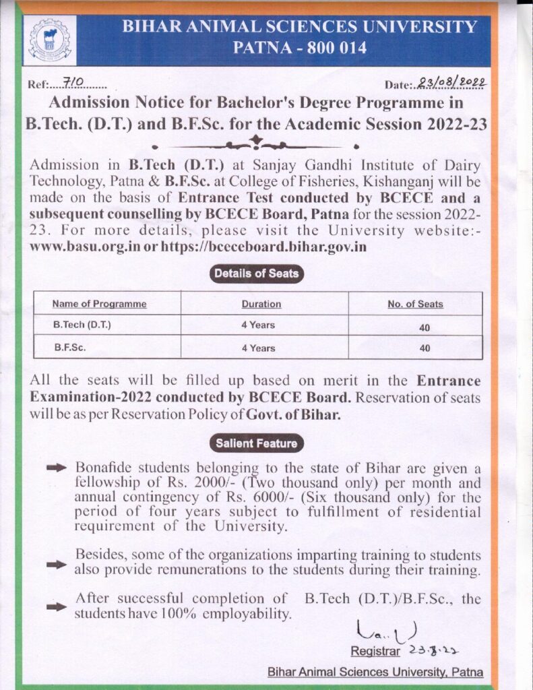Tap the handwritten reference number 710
tap(71, 82)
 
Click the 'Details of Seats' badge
tap(256, 274)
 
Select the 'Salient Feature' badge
tap(256, 443)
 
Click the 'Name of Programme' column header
tap(99, 304)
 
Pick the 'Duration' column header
tap(261, 304)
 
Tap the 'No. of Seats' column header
tap(415, 304)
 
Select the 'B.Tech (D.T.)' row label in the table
tap(82, 325)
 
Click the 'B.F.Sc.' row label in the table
tap(71, 348)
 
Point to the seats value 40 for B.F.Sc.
tap(424, 348)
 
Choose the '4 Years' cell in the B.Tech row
tap(258, 325)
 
